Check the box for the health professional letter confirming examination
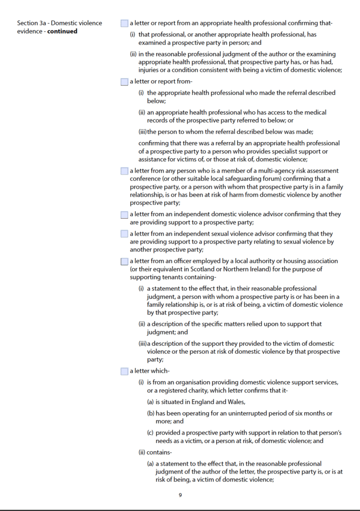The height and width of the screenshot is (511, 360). [124, 23]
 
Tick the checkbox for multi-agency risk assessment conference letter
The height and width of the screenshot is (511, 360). [124, 171]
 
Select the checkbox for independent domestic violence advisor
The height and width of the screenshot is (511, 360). [124, 215]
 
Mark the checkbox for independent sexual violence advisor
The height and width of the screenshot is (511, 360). [124, 234]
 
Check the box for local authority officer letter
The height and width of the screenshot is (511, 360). [124, 261]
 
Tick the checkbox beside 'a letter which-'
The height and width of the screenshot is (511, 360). [124, 371]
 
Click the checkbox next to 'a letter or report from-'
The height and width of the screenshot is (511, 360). [124, 82]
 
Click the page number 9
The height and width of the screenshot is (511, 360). [180, 496]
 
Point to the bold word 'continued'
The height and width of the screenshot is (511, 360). [62, 31]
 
